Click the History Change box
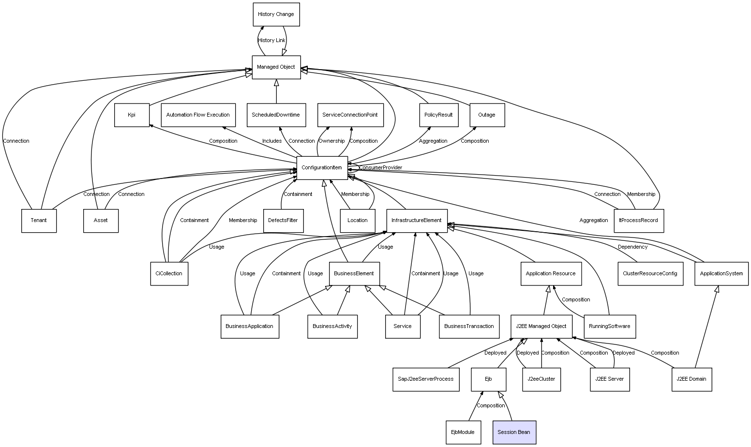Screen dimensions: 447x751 276,15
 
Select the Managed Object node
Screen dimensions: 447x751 276,67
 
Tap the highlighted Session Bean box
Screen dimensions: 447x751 514,432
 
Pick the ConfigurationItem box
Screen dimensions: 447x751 322,168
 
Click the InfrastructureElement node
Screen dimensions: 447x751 417,221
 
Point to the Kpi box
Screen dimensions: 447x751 132,115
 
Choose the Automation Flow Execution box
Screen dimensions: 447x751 198,115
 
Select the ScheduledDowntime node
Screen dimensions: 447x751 276,115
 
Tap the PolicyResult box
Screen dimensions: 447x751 438,115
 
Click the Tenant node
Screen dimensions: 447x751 39,221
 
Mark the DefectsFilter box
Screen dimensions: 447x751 283,221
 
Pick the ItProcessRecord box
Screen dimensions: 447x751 639,221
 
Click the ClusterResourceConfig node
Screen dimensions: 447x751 650,274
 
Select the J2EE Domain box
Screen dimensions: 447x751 691,379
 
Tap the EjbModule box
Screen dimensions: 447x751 463,432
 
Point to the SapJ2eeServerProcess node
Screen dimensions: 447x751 426,379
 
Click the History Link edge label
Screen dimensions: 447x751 272,41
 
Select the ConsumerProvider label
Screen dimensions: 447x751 380,168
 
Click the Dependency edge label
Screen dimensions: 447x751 632,247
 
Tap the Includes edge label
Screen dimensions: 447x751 272,141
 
